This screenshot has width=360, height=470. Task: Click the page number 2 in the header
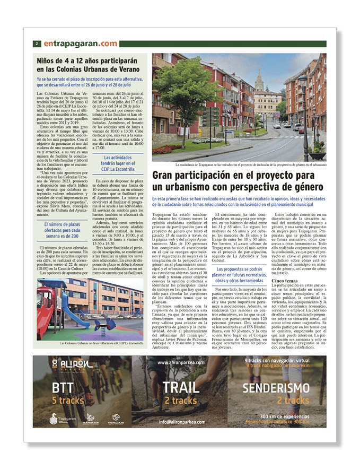coord(37,43)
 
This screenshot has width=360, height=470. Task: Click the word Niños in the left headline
coord(48,61)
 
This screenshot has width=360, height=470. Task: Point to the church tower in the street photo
coord(259,83)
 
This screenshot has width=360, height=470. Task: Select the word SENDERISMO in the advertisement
coord(276,388)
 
